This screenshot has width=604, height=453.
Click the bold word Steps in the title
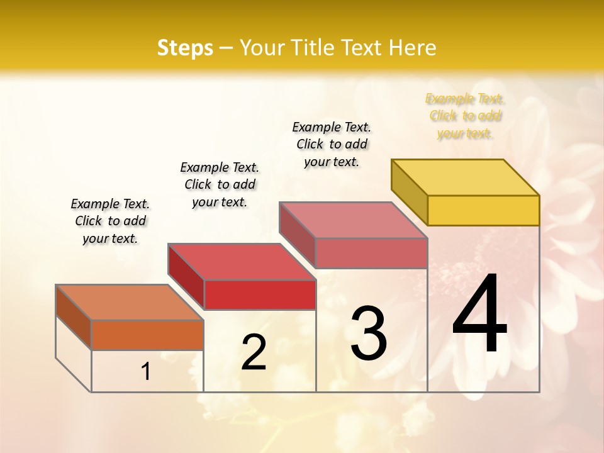(185, 48)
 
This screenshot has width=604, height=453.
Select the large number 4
(479, 314)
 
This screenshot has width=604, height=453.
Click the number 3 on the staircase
(368, 333)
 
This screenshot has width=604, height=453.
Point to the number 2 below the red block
(254, 352)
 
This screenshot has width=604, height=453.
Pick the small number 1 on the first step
(146, 371)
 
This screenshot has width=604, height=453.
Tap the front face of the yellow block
(483, 210)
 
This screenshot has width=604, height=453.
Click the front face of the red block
(260, 294)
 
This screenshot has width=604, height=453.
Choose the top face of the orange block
(130, 303)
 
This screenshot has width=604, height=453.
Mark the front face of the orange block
(147, 335)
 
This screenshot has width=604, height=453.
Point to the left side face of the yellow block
(410, 192)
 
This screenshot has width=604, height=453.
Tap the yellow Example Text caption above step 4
(465, 116)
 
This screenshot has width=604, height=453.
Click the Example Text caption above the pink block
(332, 144)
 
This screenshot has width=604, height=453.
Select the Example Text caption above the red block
(220, 184)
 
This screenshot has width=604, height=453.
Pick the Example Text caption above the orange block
(110, 221)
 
